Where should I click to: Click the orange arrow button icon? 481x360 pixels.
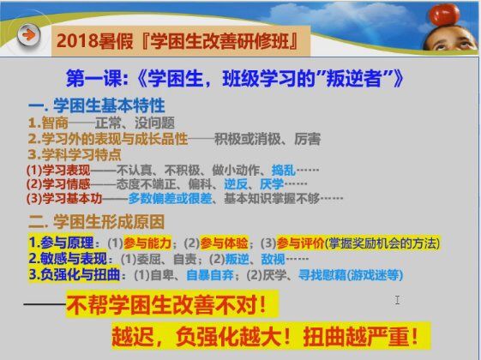click(x=28, y=35)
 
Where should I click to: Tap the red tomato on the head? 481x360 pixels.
click(x=444, y=15)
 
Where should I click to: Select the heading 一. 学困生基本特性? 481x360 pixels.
click(x=97, y=105)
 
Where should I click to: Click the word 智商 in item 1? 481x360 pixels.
click(x=55, y=123)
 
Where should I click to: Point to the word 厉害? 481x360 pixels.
click(x=308, y=139)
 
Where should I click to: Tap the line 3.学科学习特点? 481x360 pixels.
click(x=75, y=154)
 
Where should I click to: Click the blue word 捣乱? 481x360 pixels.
click(x=284, y=171)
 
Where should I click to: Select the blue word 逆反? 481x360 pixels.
click(x=236, y=184)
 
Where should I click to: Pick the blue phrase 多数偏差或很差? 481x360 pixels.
click(x=170, y=198)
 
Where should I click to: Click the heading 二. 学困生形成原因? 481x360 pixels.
click(x=96, y=222)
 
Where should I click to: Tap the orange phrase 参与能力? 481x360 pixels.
click(x=147, y=243)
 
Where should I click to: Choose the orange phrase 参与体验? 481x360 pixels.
click(x=224, y=243)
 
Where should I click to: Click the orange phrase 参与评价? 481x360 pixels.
click(x=300, y=243)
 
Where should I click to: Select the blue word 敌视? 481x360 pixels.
click(x=273, y=259)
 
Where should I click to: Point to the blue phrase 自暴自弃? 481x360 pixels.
click(x=210, y=275)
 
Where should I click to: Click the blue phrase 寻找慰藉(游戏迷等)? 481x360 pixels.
click(x=351, y=275)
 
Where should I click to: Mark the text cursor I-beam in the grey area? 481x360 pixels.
click(x=397, y=300)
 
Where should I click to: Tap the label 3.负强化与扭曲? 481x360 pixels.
click(x=75, y=274)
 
